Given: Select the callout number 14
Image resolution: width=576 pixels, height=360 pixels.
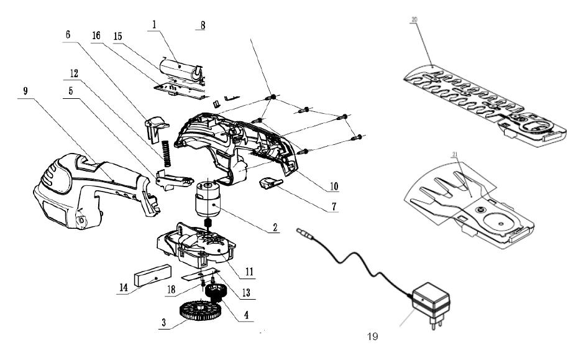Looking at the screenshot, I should [123, 290].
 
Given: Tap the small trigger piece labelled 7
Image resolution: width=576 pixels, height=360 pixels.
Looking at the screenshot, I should [270, 183].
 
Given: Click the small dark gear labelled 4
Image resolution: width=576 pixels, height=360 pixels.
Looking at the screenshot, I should [215, 292].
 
